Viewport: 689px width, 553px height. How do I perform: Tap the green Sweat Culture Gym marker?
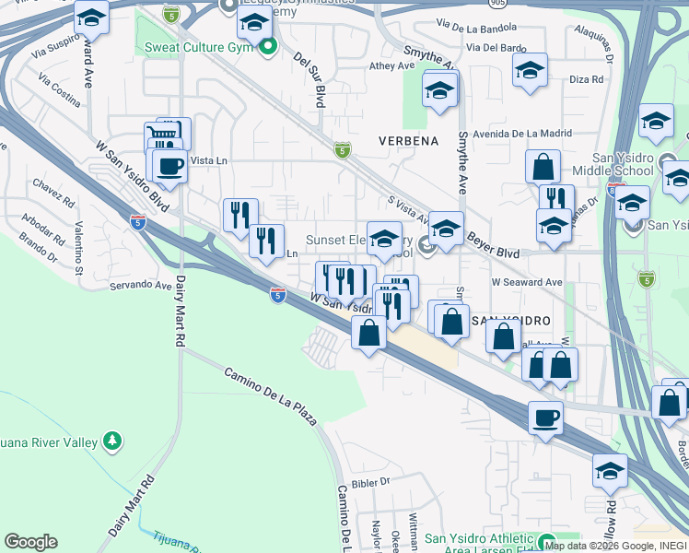pyautogui.click(x=268, y=45)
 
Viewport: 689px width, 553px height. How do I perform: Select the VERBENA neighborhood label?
pyautogui.click(x=408, y=141)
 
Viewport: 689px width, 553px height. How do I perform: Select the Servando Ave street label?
pyautogui.click(x=141, y=286)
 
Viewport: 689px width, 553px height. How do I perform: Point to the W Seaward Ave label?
pyautogui.click(x=527, y=282)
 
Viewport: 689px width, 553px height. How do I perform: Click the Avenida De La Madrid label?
pyautogui.click(x=524, y=132)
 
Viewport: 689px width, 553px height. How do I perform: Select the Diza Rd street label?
pyautogui.click(x=586, y=80)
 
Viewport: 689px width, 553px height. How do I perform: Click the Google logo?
pyautogui.click(x=30, y=541)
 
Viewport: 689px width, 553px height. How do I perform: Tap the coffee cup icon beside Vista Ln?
pyautogui.click(x=169, y=166)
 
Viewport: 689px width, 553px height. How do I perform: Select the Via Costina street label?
pyautogui.click(x=59, y=97)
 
